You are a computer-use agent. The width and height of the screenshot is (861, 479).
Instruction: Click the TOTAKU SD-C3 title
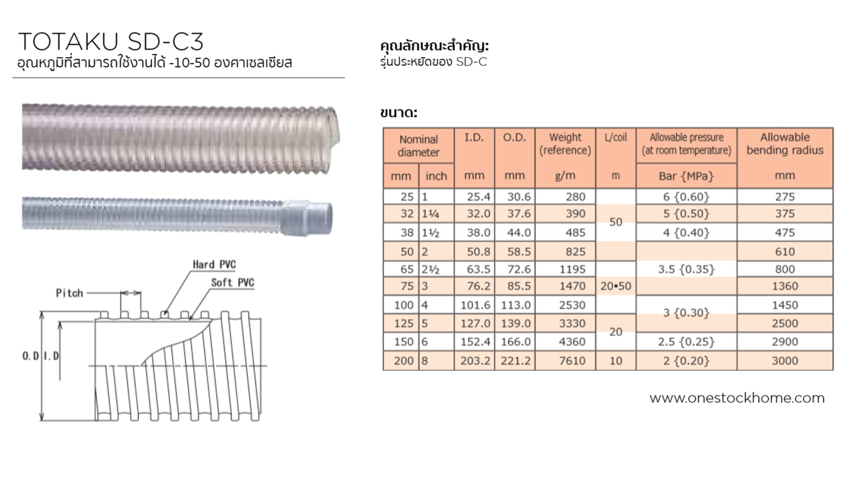coord(111,42)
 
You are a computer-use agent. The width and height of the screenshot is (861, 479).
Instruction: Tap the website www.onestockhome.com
coord(737,398)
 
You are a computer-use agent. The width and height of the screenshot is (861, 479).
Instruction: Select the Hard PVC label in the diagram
coord(214,265)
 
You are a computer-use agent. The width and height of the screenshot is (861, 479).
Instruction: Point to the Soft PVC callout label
coord(232,283)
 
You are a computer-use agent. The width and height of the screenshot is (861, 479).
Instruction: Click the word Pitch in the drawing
coord(70,293)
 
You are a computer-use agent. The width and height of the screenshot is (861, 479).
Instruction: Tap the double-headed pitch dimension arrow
coord(131,293)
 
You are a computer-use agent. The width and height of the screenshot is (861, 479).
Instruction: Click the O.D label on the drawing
coord(31,356)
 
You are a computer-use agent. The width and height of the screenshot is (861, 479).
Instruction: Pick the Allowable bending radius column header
coord(785,144)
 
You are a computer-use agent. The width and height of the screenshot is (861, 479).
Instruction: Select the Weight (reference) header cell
coord(565,144)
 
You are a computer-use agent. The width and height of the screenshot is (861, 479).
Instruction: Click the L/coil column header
coord(615,137)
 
